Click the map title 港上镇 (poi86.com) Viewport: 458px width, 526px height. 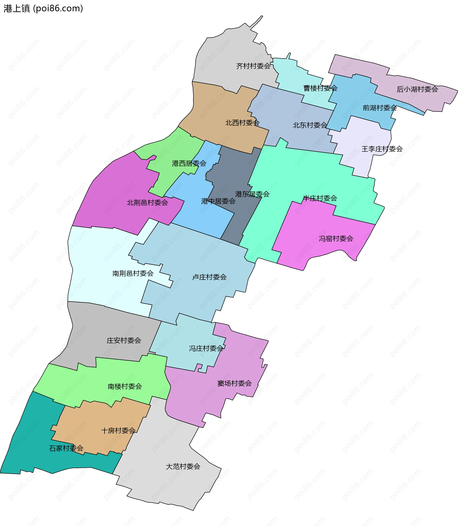(43, 8)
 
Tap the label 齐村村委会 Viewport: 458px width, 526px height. (253, 66)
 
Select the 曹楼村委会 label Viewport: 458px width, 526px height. (320, 88)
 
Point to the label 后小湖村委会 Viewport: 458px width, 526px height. (417, 89)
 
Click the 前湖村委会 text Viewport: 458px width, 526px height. (380, 108)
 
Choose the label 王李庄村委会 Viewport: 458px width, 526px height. (382, 149)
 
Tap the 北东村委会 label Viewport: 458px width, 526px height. (310, 125)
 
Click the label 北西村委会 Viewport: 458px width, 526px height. (242, 123)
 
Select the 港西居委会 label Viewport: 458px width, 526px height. (189, 163)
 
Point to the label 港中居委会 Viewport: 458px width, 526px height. (218, 201)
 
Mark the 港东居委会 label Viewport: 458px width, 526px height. (252, 194)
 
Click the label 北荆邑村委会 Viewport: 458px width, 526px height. (147, 203)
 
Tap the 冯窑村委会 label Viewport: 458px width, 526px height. (336, 239)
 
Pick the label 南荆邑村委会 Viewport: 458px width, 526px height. (133, 273)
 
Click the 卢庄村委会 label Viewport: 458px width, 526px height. (209, 277)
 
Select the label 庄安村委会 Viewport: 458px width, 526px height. (124, 340)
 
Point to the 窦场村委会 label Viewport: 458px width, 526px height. (234, 383)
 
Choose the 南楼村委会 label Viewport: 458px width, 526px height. (125, 386)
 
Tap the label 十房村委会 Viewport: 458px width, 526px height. (118, 431)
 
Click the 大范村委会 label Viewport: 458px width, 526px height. (183, 467)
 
